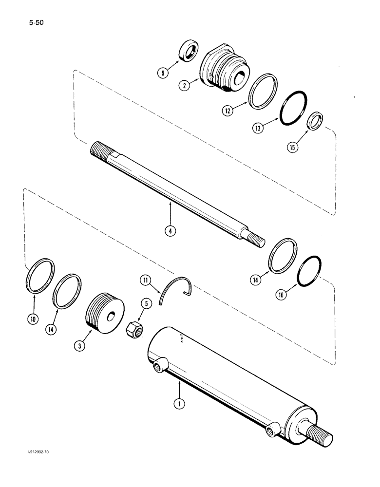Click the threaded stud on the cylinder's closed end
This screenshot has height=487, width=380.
[321, 431]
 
